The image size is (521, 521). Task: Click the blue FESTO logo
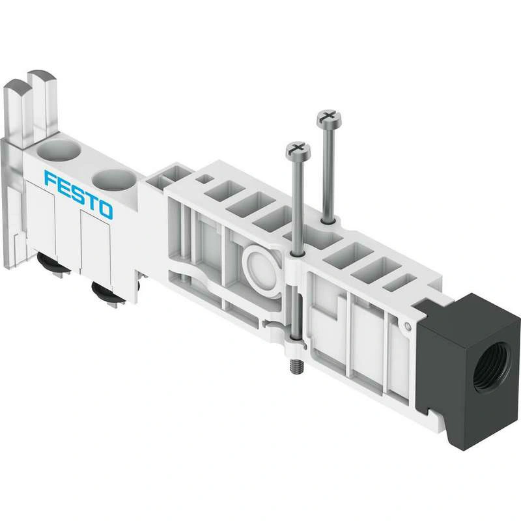pos(78,195)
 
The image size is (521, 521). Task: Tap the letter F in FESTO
pos(50,178)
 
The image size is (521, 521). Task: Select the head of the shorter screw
pos(298,150)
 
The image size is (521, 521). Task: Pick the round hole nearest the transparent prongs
pos(58,150)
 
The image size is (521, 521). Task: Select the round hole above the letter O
pos(113,180)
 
